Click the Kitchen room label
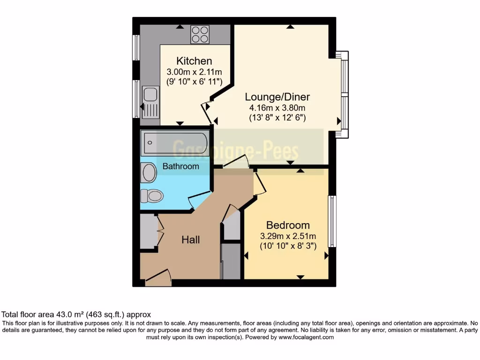click(x=194, y=61)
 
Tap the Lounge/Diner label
click(x=277, y=97)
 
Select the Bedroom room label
click(x=288, y=225)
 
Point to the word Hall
click(x=191, y=240)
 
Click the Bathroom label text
click(x=180, y=166)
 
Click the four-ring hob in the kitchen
click(x=200, y=34)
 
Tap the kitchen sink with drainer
click(x=150, y=102)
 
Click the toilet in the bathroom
click(x=151, y=195)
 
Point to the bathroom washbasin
click(x=149, y=172)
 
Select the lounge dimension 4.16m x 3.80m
click(x=277, y=108)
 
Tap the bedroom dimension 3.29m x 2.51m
click(x=288, y=235)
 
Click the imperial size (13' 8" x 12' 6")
click(x=277, y=118)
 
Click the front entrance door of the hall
click(x=158, y=278)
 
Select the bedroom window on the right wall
click(x=332, y=221)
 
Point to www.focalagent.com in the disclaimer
click(x=306, y=337)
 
